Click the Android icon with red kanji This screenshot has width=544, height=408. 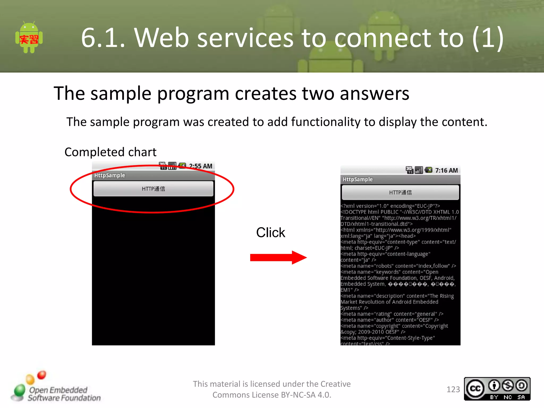point(29,37)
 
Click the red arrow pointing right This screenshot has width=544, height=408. point(278,257)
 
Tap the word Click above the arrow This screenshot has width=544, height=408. point(270,233)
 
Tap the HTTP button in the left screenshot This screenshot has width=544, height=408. point(153,189)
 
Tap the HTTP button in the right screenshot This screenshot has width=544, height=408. point(400,193)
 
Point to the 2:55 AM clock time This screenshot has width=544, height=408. point(201,166)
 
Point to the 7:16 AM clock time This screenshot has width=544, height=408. point(446,171)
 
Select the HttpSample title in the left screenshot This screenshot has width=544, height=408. point(109,175)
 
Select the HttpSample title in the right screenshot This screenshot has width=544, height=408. point(358,180)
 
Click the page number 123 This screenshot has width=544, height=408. point(453,389)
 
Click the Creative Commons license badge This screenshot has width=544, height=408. point(497,389)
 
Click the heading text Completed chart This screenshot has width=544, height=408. point(110,152)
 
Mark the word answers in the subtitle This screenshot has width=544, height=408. point(374,93)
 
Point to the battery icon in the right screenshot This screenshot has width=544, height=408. point(428,170)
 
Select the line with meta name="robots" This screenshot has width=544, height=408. point(398,266)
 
